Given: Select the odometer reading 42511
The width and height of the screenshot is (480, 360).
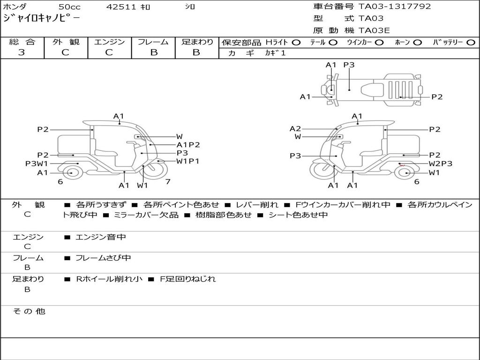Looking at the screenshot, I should coord(121,7).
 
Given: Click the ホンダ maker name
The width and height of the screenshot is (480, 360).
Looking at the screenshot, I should coord(15,7).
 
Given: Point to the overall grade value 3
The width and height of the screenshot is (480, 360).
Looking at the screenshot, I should coord(22,52).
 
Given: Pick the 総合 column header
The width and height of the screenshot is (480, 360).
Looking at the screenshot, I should coord(22,42).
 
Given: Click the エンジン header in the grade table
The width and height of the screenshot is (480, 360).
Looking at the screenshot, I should coord(109,42).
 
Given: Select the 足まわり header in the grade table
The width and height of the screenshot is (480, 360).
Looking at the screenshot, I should coord(197,42).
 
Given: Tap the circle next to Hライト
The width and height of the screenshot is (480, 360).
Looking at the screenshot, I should coord(296,43).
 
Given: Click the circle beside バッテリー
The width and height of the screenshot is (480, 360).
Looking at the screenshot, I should coord(471,43).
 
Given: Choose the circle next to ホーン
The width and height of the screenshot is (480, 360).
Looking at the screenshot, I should coord(417,43).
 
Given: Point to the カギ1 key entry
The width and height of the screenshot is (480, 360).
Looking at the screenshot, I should coord(275,53).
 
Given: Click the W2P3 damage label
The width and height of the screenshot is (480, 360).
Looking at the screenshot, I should coord(440,164).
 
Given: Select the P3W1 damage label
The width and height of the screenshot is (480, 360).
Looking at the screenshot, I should coord(37,164).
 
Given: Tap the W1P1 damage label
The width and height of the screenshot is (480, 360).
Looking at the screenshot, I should coord(187,161).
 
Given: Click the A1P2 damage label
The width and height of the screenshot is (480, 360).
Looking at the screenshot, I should coord(188,145).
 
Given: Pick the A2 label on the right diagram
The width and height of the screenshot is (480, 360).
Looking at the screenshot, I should coord(295,128).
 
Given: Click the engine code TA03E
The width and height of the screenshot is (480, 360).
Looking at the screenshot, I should coord(374,30).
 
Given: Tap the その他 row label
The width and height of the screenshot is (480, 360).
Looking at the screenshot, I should coord(29,311).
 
